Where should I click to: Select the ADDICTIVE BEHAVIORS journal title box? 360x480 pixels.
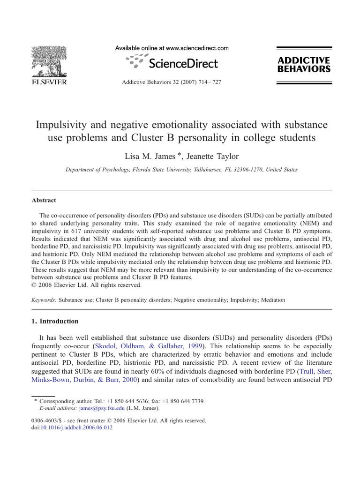[304, 65]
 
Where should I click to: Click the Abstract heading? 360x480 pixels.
[44, 200]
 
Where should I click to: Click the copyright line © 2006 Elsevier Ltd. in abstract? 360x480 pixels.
[86, 285]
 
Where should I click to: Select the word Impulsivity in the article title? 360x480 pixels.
[61, 125]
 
